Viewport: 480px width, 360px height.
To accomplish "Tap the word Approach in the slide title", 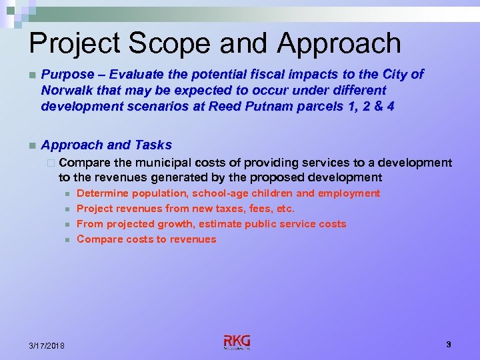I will pyautogui.click(x=339, y=43).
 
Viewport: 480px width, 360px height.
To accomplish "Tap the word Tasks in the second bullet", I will pyautogui.click(x=153, y=145).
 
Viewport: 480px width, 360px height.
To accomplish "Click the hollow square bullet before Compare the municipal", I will pyautogui.click(x=53, y=163).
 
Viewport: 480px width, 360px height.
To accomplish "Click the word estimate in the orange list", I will pyautogui.click(x=223, y=224).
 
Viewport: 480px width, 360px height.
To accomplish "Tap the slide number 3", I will pyautogui.click(x=449, y=344).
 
